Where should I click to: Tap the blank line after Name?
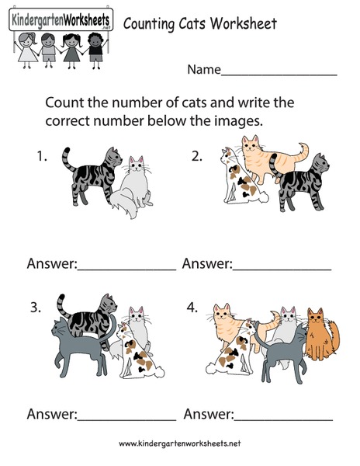(x=279, y=71)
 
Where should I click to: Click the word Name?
(x=203, y=70)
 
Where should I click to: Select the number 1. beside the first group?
(x=42, y=156)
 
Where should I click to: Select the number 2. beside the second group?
(x=197, y=156)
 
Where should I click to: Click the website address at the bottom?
(x=179, y=443)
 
